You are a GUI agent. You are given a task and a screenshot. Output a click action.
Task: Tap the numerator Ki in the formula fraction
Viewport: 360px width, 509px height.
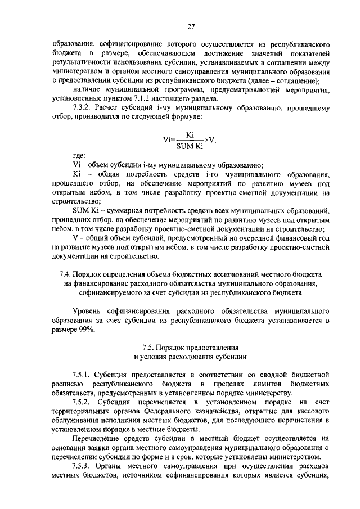[x=190, y=135]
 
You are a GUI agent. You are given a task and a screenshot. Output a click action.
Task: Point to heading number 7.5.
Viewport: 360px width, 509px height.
[x=147, y=346]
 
